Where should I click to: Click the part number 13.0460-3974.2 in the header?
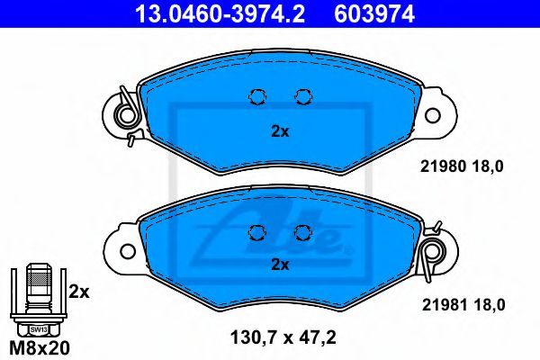pyautogui.click(x=220, y=14)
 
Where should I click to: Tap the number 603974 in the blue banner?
pyautogui.click(x=374, y=14)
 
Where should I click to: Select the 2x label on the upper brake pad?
pyautogui.click(x=280, y=131)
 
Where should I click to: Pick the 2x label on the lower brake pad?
pyautogui.click(x=280, y=265)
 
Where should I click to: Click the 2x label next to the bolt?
pyautogui.click(x=79, y=292)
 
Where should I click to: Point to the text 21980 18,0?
pyautogui.click(x=462, y=166)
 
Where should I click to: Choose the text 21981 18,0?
pyautogui.click(x=463, y=305)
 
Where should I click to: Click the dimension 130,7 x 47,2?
pyautogui.click(x=283, y=337)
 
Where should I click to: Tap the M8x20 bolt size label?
pyautogui.click(x=39, y=348)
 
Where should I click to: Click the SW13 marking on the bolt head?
pyautogui.click(x=38, y=329)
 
